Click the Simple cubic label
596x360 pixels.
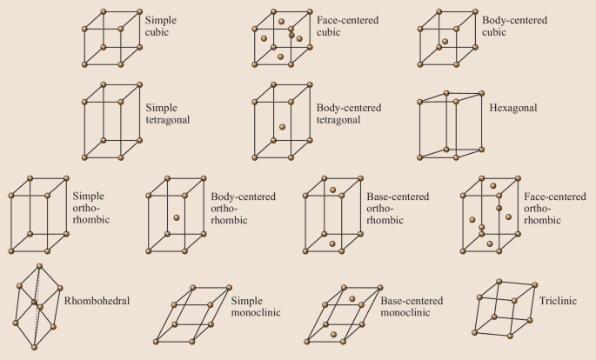[162, 24]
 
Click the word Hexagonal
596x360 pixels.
[514, 108]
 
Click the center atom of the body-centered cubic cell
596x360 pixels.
[444, 40]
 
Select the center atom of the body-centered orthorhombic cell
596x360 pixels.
[176, 218]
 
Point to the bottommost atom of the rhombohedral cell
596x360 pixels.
[34, 348]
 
